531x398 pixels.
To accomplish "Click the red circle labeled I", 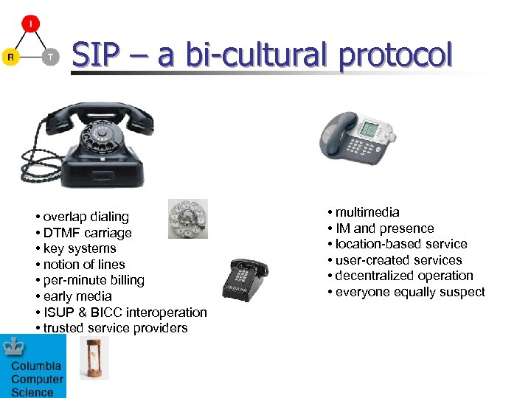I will click(x=30, y=24).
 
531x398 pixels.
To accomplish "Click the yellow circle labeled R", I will click(x=10, y=57).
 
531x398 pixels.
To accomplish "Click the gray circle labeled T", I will click(x=49, y=57).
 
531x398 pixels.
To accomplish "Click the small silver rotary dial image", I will click(x=187, y=219).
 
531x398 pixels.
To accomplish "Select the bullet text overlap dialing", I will click(x=86, y=217).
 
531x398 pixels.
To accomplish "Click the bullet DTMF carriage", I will click(x=87, y=233).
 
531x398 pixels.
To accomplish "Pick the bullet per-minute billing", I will click(x=94, y=280).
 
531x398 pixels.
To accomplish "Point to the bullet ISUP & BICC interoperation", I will click(x=125, y=313).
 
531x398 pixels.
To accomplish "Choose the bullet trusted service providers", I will click(x=115, y=328).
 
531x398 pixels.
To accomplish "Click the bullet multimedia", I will click(x=367, y=212).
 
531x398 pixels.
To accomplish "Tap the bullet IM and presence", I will click(x=384, y=228).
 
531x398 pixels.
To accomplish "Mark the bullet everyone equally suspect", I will click(x=410, y=292).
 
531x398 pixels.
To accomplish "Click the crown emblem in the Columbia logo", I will click(x=13, y=346).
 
